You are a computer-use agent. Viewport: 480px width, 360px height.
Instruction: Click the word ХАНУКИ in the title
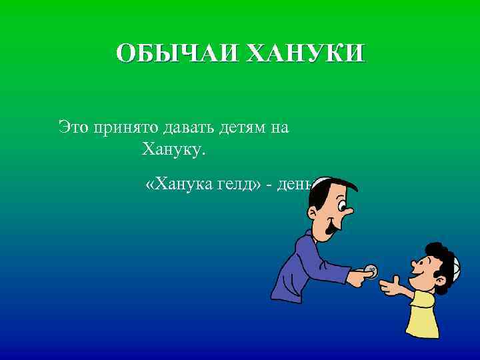pyautogui.click(x=305, y=53)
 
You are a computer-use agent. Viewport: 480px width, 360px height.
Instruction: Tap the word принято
pyautogui.click(x=125, y=127)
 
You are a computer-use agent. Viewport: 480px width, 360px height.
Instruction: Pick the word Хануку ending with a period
pyautogui.click(x=174, y=150)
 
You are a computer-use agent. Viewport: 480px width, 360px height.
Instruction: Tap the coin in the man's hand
pyautogui.click(x=370, y=271)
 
